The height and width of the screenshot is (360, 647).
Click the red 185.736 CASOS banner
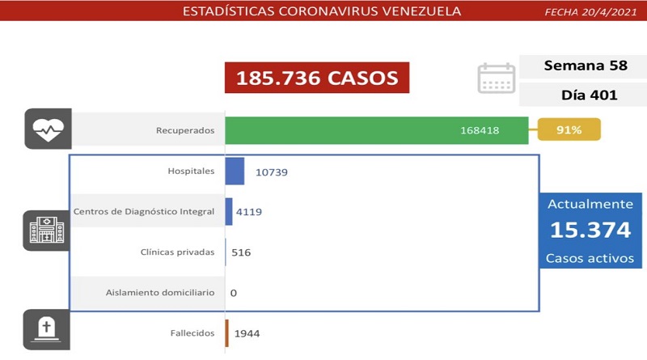click(317, 78)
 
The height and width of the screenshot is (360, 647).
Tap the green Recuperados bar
click(376, 129)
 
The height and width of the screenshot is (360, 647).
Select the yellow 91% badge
click(569, 129)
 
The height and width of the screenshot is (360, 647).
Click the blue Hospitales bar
click(235, 172)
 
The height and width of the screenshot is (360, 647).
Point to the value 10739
click(271, 172)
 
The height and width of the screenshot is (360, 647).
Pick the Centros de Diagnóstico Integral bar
click(229, 212)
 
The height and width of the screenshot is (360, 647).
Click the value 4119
click(249, 213)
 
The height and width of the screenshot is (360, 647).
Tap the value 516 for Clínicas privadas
click(241, 252)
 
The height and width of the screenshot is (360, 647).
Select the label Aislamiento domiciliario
click(160, 292)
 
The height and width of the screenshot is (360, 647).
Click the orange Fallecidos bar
click(227, 332)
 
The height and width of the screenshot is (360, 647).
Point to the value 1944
click(247, 333)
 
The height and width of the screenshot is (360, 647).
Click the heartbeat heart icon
click(48, 129)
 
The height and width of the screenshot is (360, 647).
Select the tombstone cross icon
click(48, 329)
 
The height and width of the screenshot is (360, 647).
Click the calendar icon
click(496, 78)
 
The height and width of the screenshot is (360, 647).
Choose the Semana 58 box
click(582, 66)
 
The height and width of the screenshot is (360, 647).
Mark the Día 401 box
click(582, 95)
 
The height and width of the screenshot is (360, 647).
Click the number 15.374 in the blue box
click(590, 231)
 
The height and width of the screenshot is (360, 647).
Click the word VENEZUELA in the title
click(415, 11)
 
